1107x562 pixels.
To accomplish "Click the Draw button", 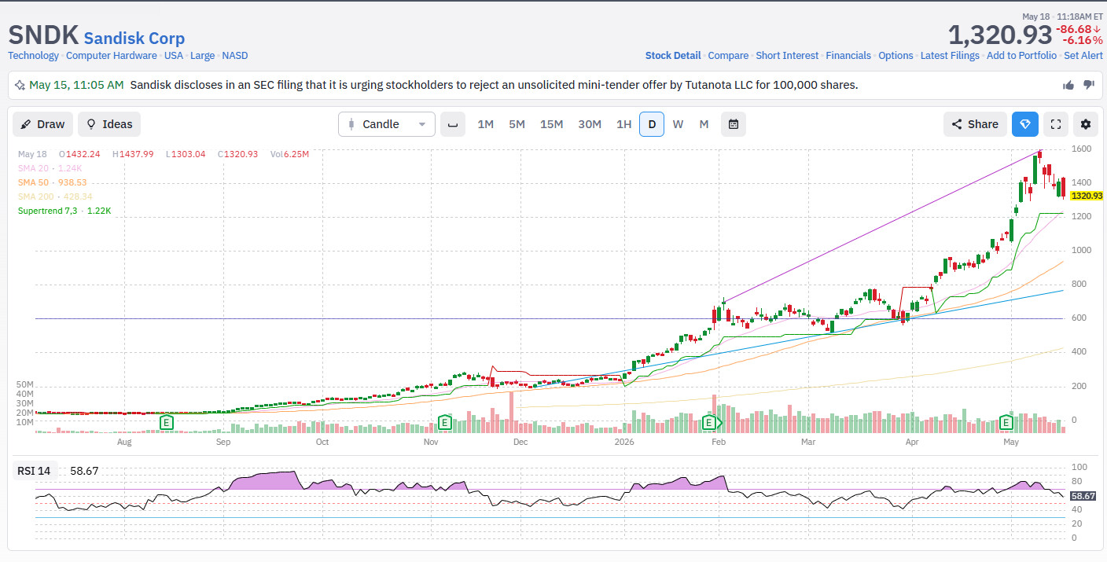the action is [x=43, y=124].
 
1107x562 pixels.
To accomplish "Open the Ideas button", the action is [x=109, y=124].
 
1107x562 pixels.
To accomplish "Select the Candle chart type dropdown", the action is [x=387, y=124].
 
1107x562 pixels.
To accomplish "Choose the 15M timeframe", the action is [x=551, y=124].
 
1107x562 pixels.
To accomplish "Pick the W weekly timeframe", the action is [x=678, y=124].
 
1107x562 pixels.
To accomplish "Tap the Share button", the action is [x=975, y=124].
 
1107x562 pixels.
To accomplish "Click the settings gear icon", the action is [x=1085, y=124].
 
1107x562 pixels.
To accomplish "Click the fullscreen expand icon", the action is [x=1056, y=124].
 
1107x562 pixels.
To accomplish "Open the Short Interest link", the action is [x=787, y=55].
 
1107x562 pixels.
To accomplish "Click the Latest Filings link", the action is [x=950, y=55].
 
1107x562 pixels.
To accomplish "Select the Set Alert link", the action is [x=1083, y=55].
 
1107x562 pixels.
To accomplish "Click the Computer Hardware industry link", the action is [x=112, y=55].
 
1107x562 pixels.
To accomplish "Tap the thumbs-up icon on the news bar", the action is [x=1068, y=85].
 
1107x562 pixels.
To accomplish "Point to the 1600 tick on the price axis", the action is [x=1081, y=149].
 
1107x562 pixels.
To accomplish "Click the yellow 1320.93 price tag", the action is [x=1087, y=196].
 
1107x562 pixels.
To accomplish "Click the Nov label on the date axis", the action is [x=431, y=442].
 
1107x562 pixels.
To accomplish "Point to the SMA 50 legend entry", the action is [x=53, y=182].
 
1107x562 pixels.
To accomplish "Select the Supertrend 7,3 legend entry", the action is [x=64, y=211].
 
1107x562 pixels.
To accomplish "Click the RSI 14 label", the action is [x=34, y=471].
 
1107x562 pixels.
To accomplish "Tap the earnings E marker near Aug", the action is [x=167, y=423].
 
